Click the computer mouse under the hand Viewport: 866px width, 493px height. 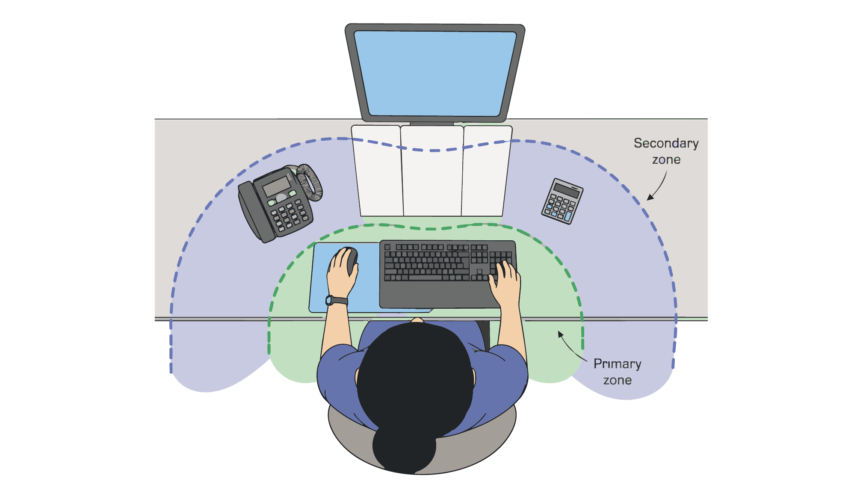tap(351, 260)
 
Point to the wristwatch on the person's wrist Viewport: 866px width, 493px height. tap(337, 300)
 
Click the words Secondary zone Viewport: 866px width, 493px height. tap(666, 151)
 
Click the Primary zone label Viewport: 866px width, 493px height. tap(618, 372)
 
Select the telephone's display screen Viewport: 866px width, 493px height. tap(276, 186)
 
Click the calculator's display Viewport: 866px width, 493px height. tap(566, 190)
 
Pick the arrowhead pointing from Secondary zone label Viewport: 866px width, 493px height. tap(650, 197)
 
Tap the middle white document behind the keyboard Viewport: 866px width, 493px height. tap(432, 171)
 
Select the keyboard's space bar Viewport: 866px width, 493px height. tap(425, 278)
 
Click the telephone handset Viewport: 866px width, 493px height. tap(255, 212)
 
